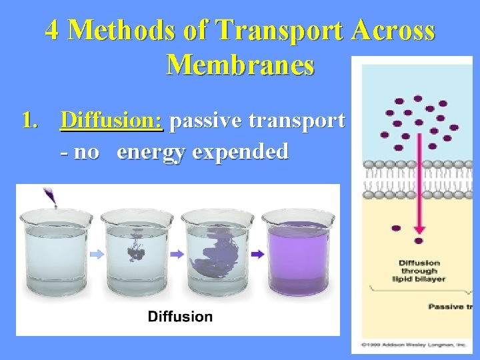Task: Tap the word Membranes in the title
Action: [x=240, y=65]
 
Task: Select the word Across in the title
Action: [x=397, y=31]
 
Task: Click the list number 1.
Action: [x=29, y=121]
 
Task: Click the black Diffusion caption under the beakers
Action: [x=179, y=316]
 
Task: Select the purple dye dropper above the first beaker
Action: [x=49, y=196]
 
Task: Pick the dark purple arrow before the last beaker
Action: [x=257, y=254]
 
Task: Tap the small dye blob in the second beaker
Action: [x=137, y=249]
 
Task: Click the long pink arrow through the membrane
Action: [x=419, y=180]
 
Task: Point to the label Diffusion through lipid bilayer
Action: [x=418, y=271]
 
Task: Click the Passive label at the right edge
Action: [x=450, y=307]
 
